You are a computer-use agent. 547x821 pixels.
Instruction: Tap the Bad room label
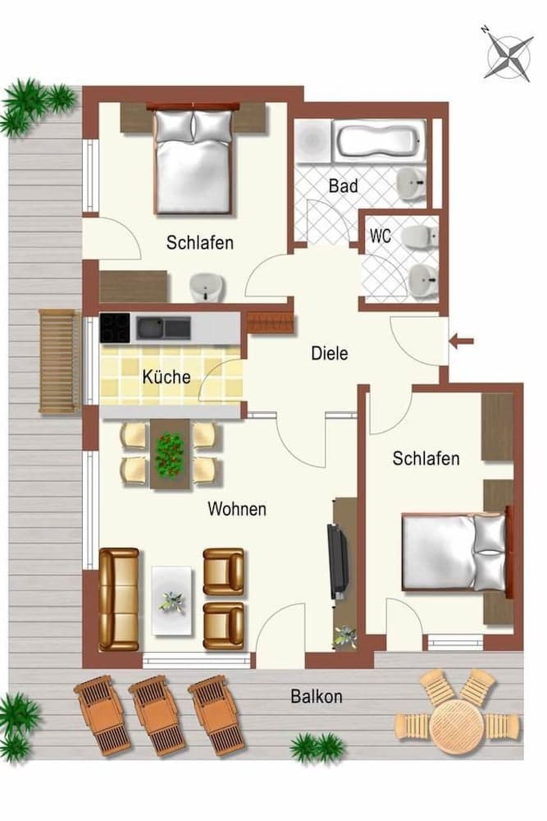(x=343, y=186)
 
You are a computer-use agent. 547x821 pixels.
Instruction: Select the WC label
(x=381, y=236)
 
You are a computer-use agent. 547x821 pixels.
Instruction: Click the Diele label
(x=330, y=354)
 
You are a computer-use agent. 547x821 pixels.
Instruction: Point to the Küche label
(x=166, y=378)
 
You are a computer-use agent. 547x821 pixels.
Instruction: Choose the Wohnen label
(x=236, y=509)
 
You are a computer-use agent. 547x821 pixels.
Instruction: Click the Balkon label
(x=317, y=697)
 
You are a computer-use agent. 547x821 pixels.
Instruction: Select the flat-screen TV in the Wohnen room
(x=337, y=559)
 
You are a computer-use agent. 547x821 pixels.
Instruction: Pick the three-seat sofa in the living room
(x=119, y=599)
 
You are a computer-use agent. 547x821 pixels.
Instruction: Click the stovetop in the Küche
(x=116, y=328)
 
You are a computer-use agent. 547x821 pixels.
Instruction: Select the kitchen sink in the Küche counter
(x=163, y=328)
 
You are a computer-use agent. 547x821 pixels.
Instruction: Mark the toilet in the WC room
(x=422, y=236)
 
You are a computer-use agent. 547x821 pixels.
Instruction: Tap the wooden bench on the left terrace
(x=59, y=361)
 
